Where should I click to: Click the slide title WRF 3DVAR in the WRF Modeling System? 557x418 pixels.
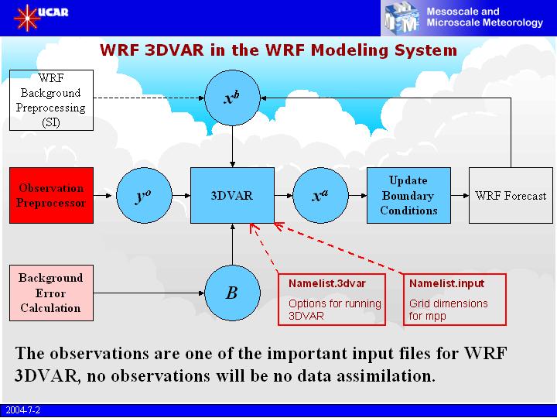click(278, 51)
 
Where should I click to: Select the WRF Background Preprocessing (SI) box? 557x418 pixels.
click(50, 101)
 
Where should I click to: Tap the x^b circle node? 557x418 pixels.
click(233, 98)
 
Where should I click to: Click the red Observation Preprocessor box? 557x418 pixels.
click(50, 196)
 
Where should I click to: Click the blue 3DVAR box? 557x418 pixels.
click(233, 196)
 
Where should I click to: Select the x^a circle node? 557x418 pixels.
click(320, 196)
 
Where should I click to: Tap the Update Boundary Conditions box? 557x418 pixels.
click(408, 195)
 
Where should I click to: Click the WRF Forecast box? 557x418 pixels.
click(510, 196)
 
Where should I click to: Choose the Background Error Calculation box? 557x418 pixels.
click(50, 293)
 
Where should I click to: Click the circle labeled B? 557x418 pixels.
click(232, 293)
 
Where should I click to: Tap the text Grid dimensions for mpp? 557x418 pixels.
click(449, 310)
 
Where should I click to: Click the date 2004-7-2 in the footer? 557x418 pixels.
click(22, 410)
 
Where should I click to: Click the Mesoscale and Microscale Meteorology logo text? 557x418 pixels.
click(484, 17)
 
